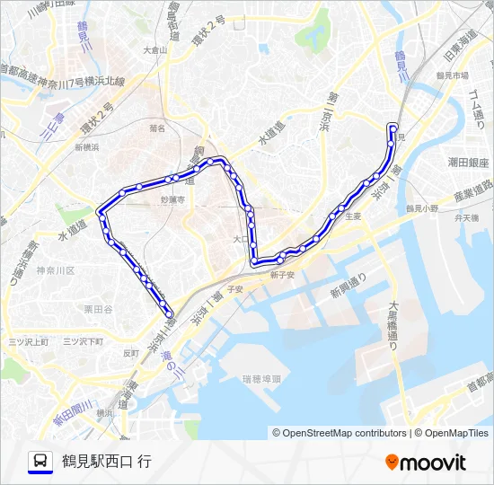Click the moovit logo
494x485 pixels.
click(x=426, y=463)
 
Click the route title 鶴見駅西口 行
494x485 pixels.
click(x=107, y=462)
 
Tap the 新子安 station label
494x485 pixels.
click(x=283, y=275)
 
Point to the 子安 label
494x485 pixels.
click(x=235, y=289)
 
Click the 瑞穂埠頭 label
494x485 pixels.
click(x=262, y=379)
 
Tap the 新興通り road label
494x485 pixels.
click(x=348, y=287)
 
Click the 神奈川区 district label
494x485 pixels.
click(x=57, y=270)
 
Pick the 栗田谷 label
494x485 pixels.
click(x=97, y=308)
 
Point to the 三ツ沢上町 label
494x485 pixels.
click(x=28, y=342)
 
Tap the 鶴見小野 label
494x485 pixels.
click(x=422, y=207)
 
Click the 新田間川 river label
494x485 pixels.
click(x=73, y=412)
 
